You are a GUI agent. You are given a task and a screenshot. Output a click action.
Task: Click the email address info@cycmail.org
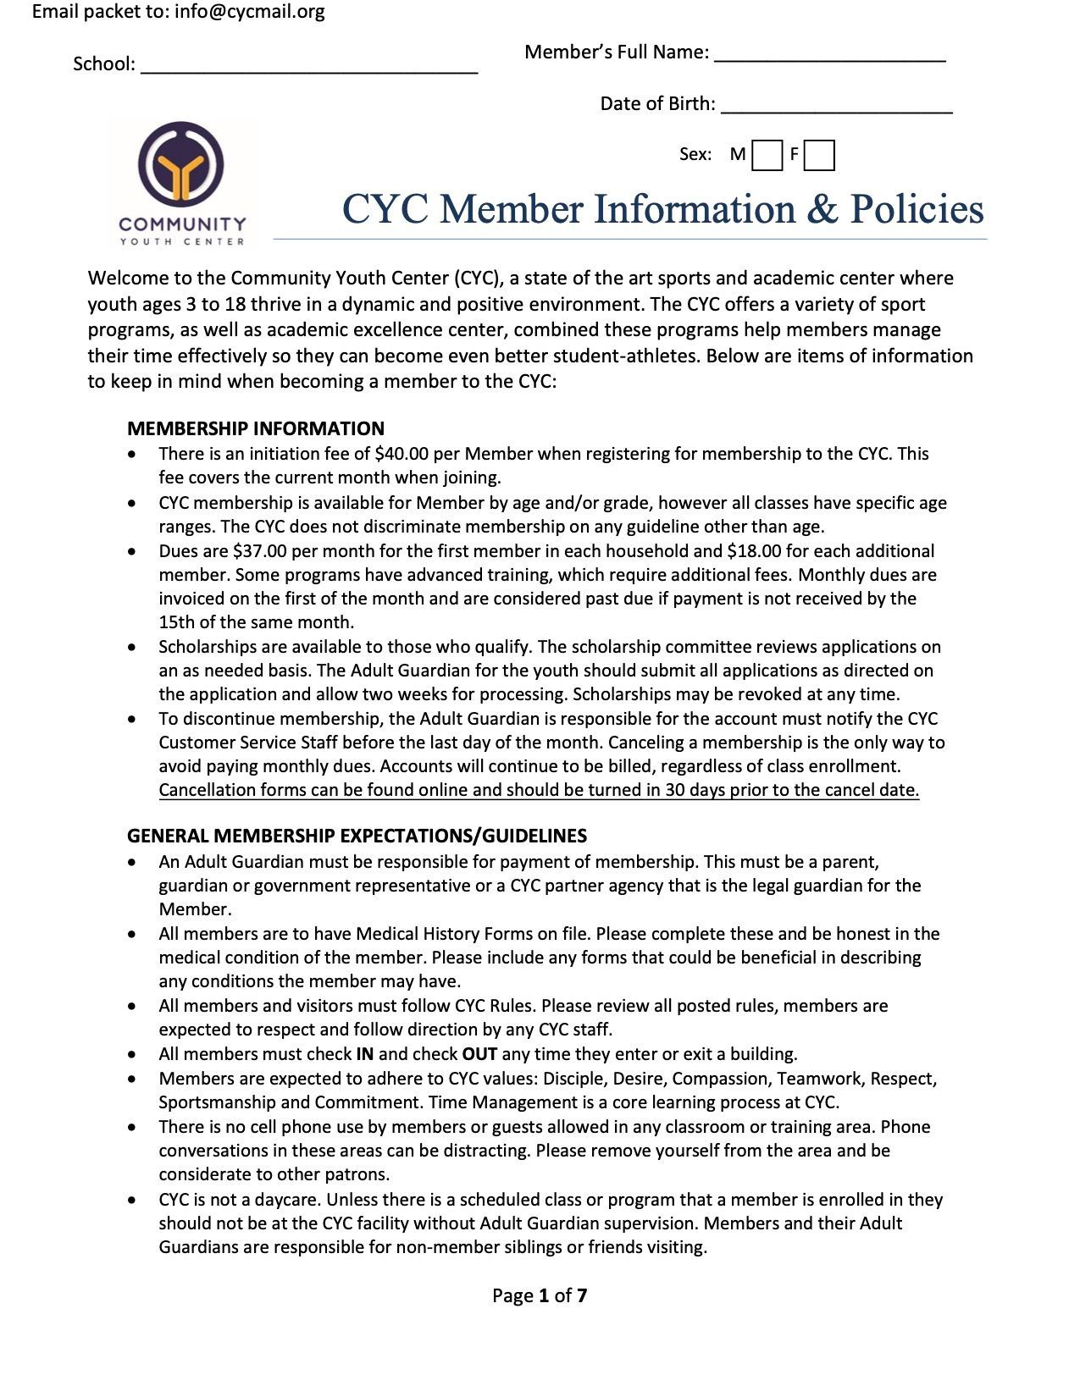click(x=250, y=12)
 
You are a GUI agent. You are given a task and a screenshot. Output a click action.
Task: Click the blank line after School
click(x=309, y=68)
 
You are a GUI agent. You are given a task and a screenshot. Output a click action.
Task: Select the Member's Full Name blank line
click(x=830, y=56)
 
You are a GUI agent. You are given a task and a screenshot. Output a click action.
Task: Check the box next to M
click(x=767, y=156)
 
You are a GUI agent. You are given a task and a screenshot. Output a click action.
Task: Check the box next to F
click(x=819, y=156)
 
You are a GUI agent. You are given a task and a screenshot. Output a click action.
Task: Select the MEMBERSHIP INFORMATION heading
click(x=256, y=428)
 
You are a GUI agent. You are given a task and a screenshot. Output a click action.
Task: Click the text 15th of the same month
click(x=256, y=622)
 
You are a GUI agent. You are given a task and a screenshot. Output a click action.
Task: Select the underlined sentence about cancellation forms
click(x=539, y=790)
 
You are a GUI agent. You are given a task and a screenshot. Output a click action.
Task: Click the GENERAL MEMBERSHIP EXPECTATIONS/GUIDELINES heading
click(x=357, y=836)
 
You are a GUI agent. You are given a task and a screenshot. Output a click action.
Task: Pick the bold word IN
click(x=364, y=1054)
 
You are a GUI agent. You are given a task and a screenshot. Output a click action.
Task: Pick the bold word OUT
click(x=479, y=1054)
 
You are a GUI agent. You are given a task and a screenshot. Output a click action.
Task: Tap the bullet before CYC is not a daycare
click(x=131, y=1200)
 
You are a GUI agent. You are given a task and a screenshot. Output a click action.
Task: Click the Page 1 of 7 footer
click(x=540, y=1295)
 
